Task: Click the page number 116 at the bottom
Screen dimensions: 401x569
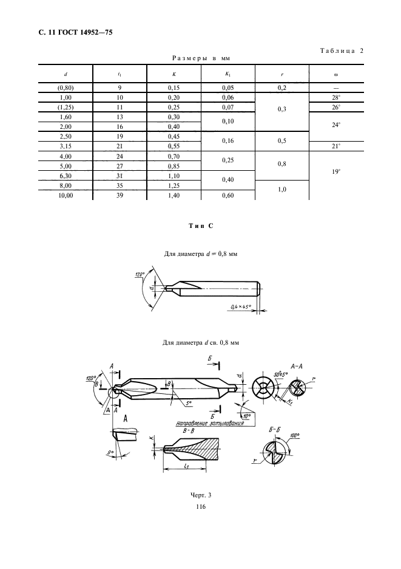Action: pos(200,507)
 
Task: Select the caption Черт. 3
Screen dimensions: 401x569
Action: pos(200,495)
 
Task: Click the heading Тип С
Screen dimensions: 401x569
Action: pos(201,226)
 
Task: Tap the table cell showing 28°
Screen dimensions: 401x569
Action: pos(336,98)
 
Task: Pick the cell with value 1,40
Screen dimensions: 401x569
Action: pos(174,195)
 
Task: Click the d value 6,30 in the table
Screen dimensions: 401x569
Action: pos(66,176)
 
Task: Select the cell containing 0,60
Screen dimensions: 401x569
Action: pos(228,195)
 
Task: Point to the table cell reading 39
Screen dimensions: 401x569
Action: pos(120,195)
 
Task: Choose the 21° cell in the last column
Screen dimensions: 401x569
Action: pos(336,147)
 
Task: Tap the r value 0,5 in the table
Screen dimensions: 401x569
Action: pos(282,141)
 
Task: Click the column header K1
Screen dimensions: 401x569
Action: pos(228,74)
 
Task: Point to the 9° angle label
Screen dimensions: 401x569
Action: pos(110,452)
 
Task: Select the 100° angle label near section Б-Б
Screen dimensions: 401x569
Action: pos(295,435)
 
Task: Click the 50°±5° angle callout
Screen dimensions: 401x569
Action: pos(281,374)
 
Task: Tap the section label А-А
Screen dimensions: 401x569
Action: pos(297,366)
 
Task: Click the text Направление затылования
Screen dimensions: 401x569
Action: pos(210,422)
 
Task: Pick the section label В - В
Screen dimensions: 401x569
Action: pos(187,431)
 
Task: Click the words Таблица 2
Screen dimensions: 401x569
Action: pos(342,51)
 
